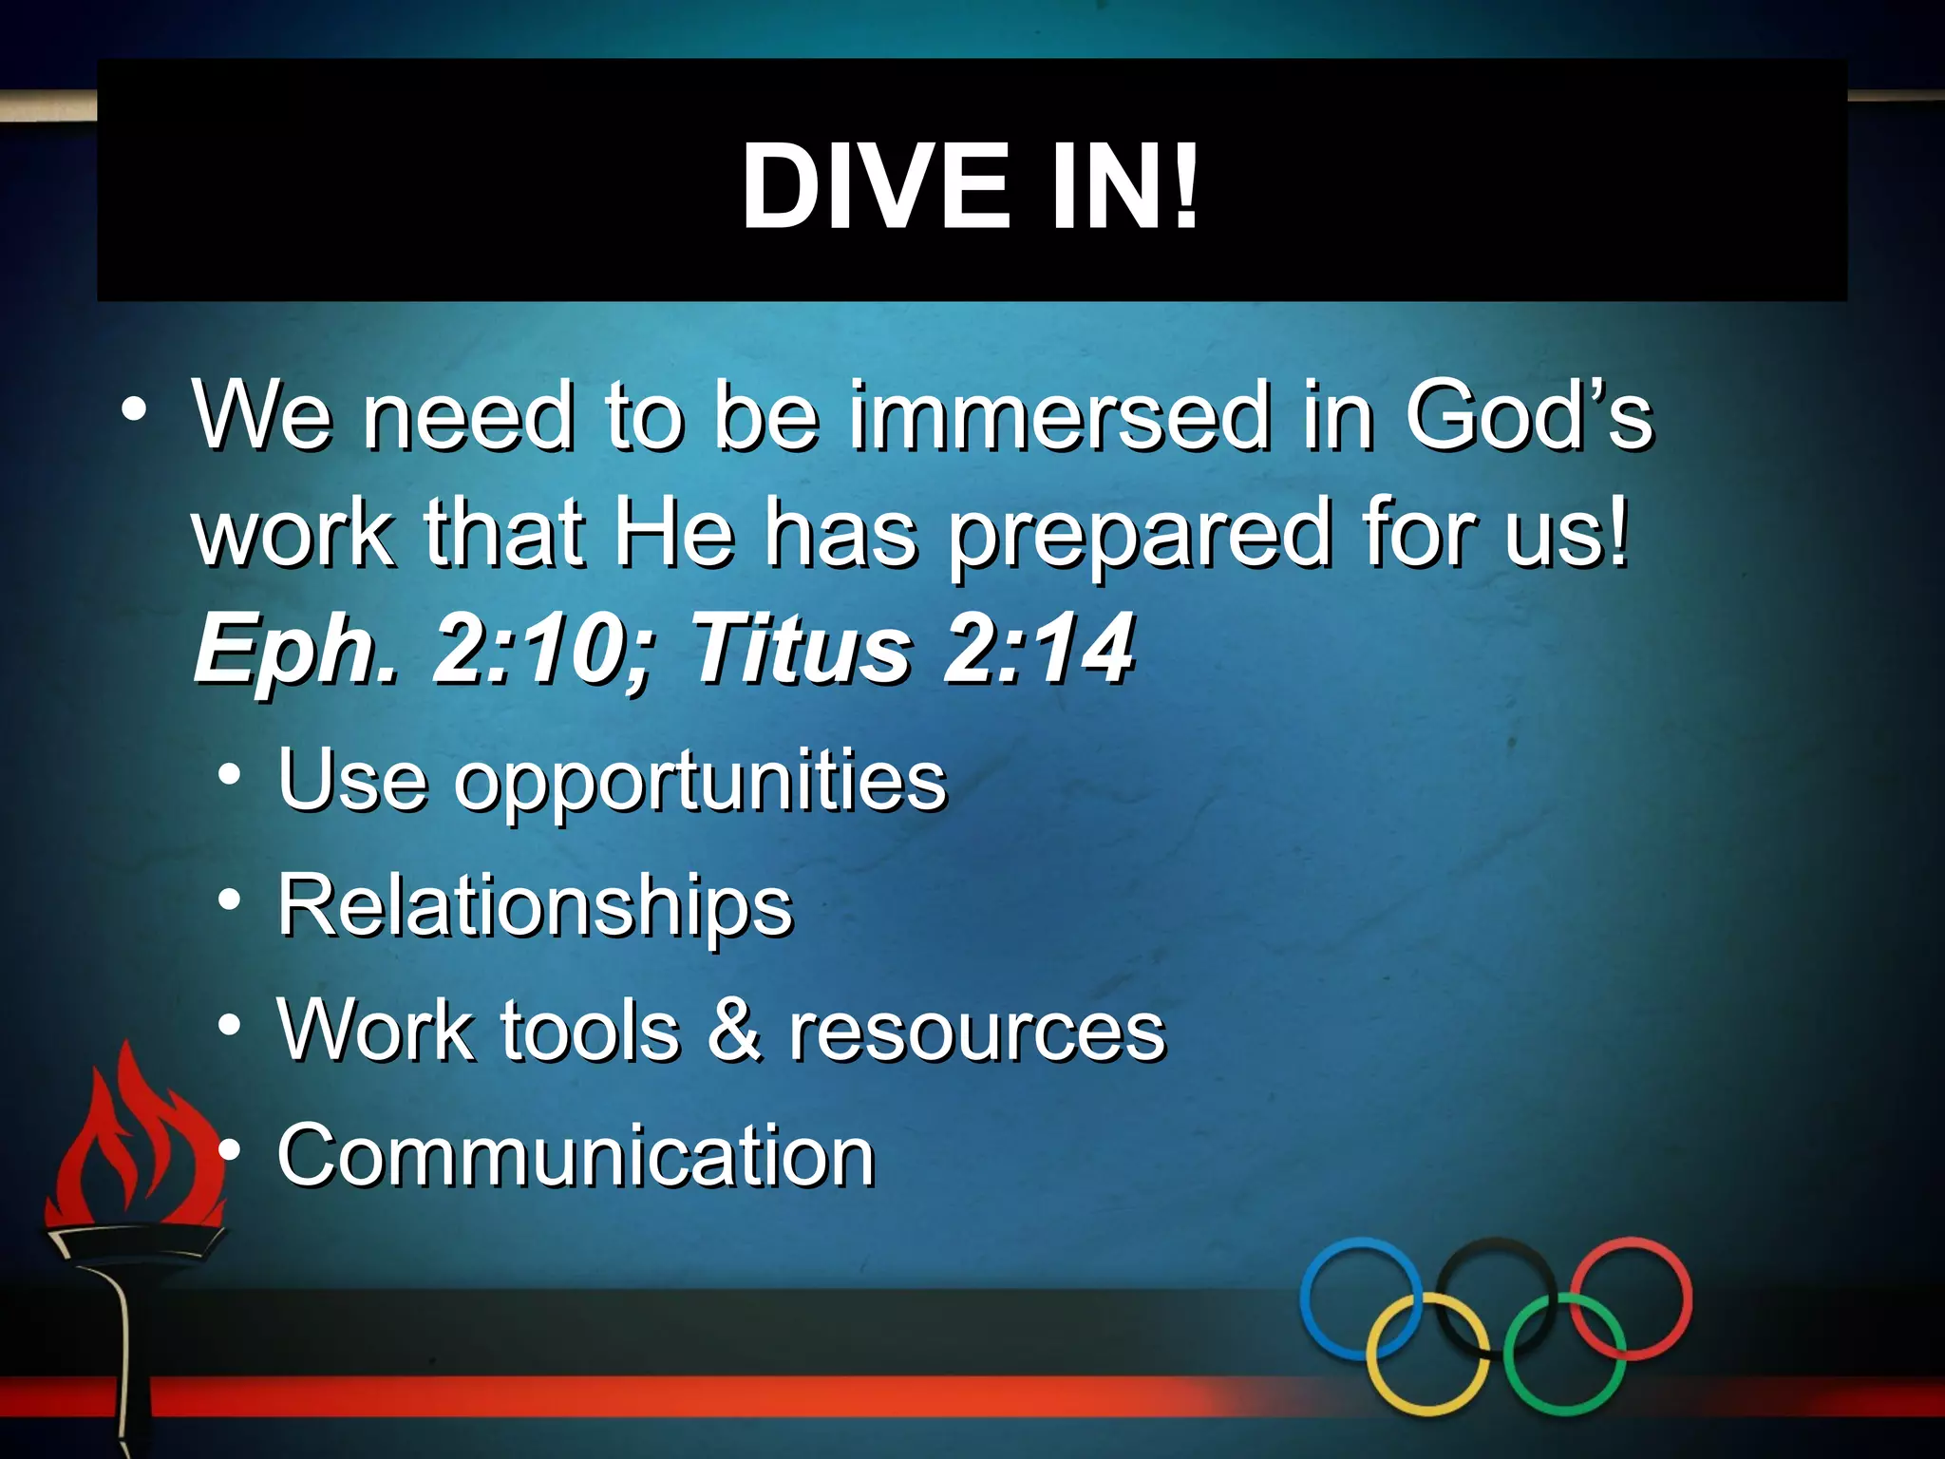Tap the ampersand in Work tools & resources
(x=734, y=1030)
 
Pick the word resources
(x=977, y=1032)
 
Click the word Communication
(x=576, y=1155)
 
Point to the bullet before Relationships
(x=229, y=900)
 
